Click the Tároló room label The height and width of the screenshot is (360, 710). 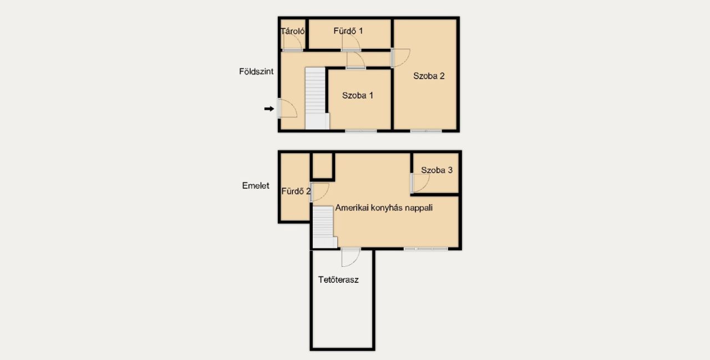click(x=292, y=31)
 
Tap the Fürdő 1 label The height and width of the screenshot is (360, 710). click(x=348, y=31)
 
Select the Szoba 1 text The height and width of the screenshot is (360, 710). click(x=358, y=95)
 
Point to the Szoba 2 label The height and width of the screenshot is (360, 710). click(x=429, y=76)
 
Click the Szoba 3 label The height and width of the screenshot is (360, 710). click(x=437, y=170)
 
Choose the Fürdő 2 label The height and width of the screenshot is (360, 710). click(x=296, y=191)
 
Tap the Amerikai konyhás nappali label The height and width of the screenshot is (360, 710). click(x=384, y=208)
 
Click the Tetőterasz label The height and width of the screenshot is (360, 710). click(x=338, y=280)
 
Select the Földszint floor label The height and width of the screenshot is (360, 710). click(x=256, y=72)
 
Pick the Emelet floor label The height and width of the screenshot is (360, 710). click(x=256, y=185)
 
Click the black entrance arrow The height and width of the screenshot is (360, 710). click(x=269, y=109)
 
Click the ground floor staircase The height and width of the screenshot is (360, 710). click(x=317, y=98)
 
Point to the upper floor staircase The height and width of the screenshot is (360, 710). click(x=324, y=227)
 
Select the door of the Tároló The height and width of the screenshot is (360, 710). click(x=292, y=42)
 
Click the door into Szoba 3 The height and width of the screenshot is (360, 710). click(x=420, y=183)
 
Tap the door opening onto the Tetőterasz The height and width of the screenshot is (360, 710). click(x=351, y=257)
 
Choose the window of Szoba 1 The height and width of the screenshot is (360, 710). click(x=361, y=131)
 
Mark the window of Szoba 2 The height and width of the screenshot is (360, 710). click(x=426, y=131)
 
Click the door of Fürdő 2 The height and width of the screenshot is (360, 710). click(x=319, y=192)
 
